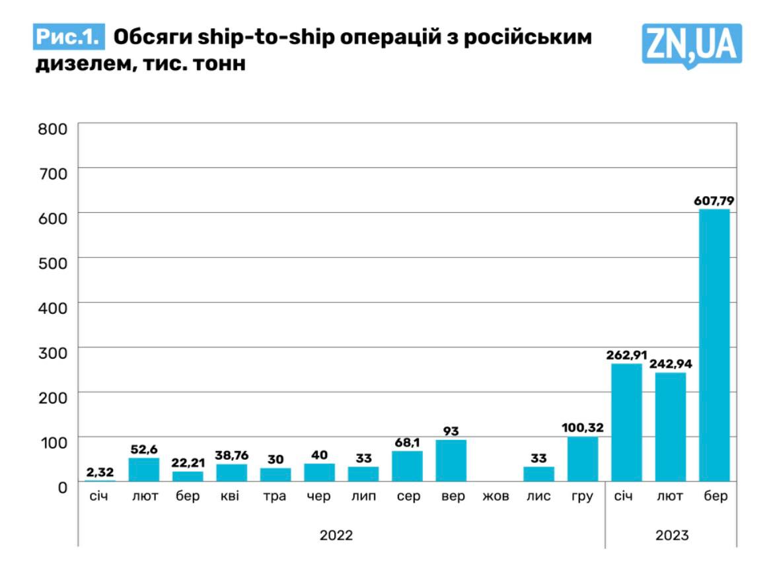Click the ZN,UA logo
click(691, 45)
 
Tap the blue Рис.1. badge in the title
click(69, 38)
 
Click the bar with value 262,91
click(626, 422)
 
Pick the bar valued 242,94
click(670, 427)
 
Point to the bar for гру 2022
click(582, 459)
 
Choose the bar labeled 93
click(451, 460)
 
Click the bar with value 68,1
click(407, 466)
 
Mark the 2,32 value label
click(100, 472)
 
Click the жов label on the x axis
click(495, 496)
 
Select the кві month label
click(231, 496)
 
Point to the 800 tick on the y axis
click(54, 128)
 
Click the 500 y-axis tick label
click(54, 262)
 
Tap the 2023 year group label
click(672, 535)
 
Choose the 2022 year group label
click(336, 535)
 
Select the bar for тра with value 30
click(275, 474)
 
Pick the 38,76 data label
click(231, 455)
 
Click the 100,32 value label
click(582, 427)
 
